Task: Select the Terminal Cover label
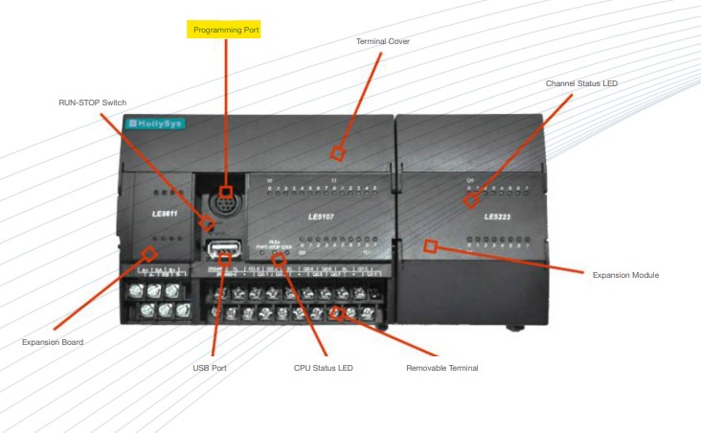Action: pos(382,41)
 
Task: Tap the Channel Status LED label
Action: pos(581,83)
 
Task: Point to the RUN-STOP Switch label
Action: pos(92,102)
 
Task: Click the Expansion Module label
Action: pos(625,275)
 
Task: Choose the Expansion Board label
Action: pos(53,342)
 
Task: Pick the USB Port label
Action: pos(209,367)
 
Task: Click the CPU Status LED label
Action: pos(323,367)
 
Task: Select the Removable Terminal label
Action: pos(441,367)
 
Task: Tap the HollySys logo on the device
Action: pos(156,124)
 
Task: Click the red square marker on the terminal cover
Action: pos(337,152)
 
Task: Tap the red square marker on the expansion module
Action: pos(431,246)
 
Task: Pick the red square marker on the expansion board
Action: pos(149,253)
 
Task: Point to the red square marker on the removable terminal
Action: pos(337,312)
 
